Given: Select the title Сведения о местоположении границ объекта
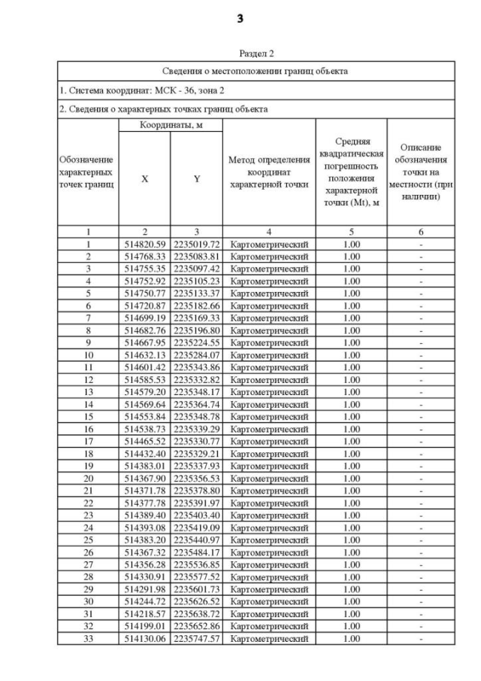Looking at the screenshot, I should coord(256,71).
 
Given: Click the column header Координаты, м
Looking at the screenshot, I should coord(171,125).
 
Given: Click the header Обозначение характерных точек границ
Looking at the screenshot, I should coord(87,172).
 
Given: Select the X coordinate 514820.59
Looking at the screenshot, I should coord(144,244).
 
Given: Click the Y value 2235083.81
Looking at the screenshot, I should coord(196,256).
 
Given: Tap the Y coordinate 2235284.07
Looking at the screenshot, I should coord(196,354).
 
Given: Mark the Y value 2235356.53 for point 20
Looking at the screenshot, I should coord(196,478).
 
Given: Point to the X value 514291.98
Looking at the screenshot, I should coord(144,588).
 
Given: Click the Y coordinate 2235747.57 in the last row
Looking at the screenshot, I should coord(196,638).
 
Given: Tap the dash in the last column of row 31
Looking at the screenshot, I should coord(421,613).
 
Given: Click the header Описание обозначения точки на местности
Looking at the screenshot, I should coord(421,172).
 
